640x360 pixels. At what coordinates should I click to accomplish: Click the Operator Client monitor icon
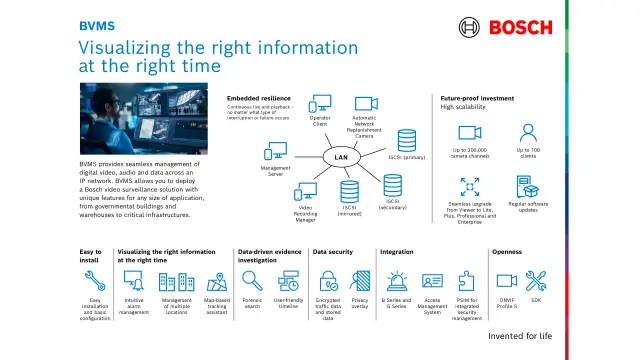(x=319, y=104)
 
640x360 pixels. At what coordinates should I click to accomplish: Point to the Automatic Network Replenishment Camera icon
(x=364, y=104)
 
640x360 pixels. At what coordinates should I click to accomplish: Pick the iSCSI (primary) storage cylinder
(x=408, y=139)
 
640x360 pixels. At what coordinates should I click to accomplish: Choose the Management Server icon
(x=276, y=152)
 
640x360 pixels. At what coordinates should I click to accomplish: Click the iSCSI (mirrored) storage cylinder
(x=350, y=190)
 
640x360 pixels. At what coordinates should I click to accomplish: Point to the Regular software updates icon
(x=530, y=187)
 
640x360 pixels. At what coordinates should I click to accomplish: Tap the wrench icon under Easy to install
(x=95, y=281)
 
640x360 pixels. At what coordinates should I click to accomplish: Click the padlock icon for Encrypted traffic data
(x=327, y=281)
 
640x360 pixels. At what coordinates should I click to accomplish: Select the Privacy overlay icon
(x=360, y=281)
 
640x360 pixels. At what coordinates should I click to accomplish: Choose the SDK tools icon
(x=536, y=281)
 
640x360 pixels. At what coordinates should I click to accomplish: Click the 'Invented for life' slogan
(x=520, y=336)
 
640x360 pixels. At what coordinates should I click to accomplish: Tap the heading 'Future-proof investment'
(x=478, y=98)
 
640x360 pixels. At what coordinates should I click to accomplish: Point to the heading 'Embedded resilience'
(x=258, y=98)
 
